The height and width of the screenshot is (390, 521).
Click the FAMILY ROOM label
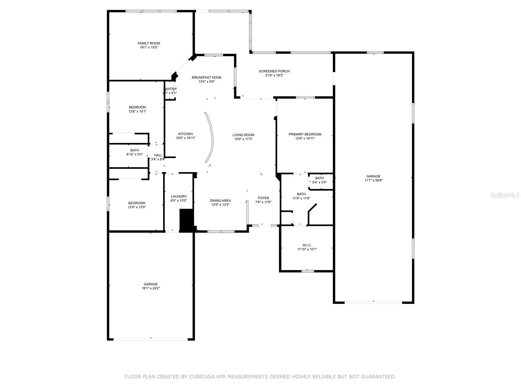pos(149,43)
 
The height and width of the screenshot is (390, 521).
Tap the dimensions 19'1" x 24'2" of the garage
pos(151,288)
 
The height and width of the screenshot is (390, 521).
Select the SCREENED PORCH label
pos(274,71)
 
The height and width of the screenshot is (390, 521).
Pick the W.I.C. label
pos(307,245)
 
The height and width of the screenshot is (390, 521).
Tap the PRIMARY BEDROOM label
pos(305,134)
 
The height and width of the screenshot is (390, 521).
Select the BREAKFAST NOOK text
pos(206,77)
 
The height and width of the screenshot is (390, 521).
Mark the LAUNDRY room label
pos(179,196)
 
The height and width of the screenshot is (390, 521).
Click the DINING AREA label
pos(220,201)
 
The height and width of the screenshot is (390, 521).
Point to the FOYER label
pos(263,198)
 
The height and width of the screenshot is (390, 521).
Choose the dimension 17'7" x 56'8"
pos(373,180)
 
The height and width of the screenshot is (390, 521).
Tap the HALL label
pos(158,155)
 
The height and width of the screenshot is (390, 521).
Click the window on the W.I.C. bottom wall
pos(307,271)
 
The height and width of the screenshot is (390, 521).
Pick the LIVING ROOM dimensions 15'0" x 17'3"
pos(243,139)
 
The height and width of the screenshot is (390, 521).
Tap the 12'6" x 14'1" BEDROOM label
pos(137,107)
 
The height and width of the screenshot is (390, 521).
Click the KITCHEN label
pos(185,134)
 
